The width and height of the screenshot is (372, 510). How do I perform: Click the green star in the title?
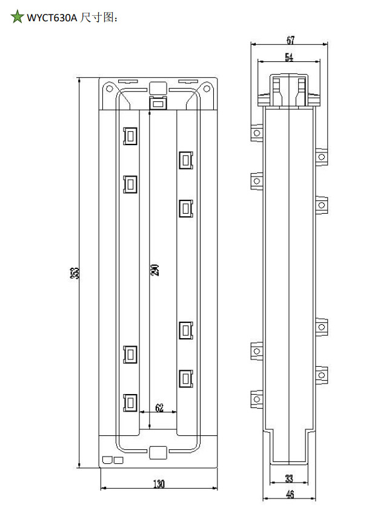(17, 16)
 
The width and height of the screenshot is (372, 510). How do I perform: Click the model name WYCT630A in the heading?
(52, 18)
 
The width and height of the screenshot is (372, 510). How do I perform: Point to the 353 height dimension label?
(75, 273)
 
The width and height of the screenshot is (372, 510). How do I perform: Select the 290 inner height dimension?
(155, 270)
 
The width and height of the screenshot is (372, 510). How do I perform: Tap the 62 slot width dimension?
(159, 407)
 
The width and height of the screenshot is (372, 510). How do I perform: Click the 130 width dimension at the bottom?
(159, 484)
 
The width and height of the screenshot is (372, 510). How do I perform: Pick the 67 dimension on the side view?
(290, 40)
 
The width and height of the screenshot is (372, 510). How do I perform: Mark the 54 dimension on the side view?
(289, 57)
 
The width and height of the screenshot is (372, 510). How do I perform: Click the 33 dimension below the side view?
(289, 478)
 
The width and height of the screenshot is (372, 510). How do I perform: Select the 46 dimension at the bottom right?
(290, 494)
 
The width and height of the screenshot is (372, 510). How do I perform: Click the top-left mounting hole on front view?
(110, 89)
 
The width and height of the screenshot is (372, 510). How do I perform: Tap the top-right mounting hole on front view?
(207, 89)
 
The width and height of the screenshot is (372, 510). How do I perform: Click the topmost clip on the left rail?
(130, 135)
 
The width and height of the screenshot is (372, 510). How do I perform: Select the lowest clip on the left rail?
(130, 403)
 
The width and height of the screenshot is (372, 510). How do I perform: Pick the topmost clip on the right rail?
(186, 160)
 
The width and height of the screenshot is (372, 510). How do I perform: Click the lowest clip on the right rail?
(186, 379)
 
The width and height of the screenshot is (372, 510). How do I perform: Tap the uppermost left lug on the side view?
(257, 133)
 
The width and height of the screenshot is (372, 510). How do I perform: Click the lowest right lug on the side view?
(321, 375)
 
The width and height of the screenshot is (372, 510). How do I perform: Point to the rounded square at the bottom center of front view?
(158, 452)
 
